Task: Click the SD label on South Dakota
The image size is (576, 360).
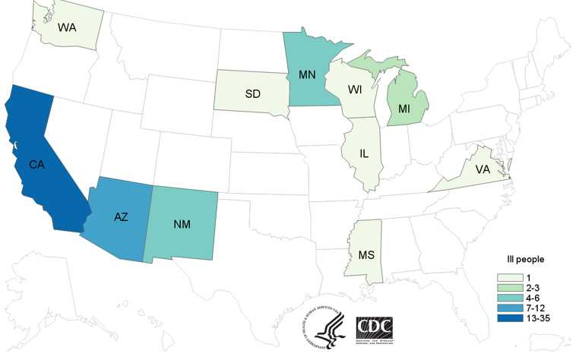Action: coord(253,93)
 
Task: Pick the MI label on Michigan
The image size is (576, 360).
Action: coord(407,109)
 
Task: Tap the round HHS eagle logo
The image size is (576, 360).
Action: coord(324,327)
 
